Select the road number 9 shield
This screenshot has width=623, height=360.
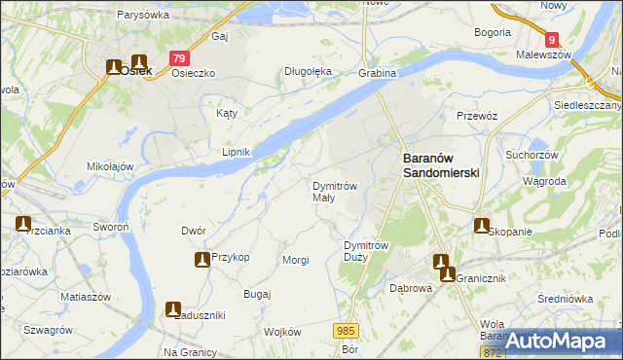coord(553,40)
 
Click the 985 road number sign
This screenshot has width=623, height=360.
coord(347,331)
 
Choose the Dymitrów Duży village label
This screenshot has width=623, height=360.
coord(368,251)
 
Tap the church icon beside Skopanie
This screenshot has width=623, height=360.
coord(481,226)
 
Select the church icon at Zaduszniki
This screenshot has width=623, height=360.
coord(173,310)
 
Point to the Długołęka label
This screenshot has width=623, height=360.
coord(308,71)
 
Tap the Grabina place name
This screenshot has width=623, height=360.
coord(378,73)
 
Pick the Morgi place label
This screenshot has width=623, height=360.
coord(295,260)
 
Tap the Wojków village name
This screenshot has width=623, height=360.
coord(282,332)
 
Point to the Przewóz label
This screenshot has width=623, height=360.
coord(477,116)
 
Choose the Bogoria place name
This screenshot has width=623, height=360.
coord(493,32)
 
